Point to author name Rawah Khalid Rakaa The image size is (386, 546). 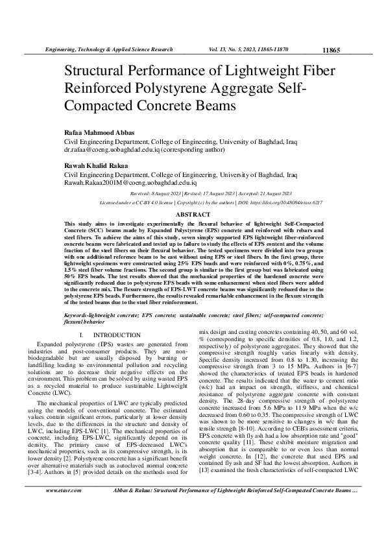click(x=93, y=166)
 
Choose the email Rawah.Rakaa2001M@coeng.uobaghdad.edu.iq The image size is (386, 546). click(x=129, y=184)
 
